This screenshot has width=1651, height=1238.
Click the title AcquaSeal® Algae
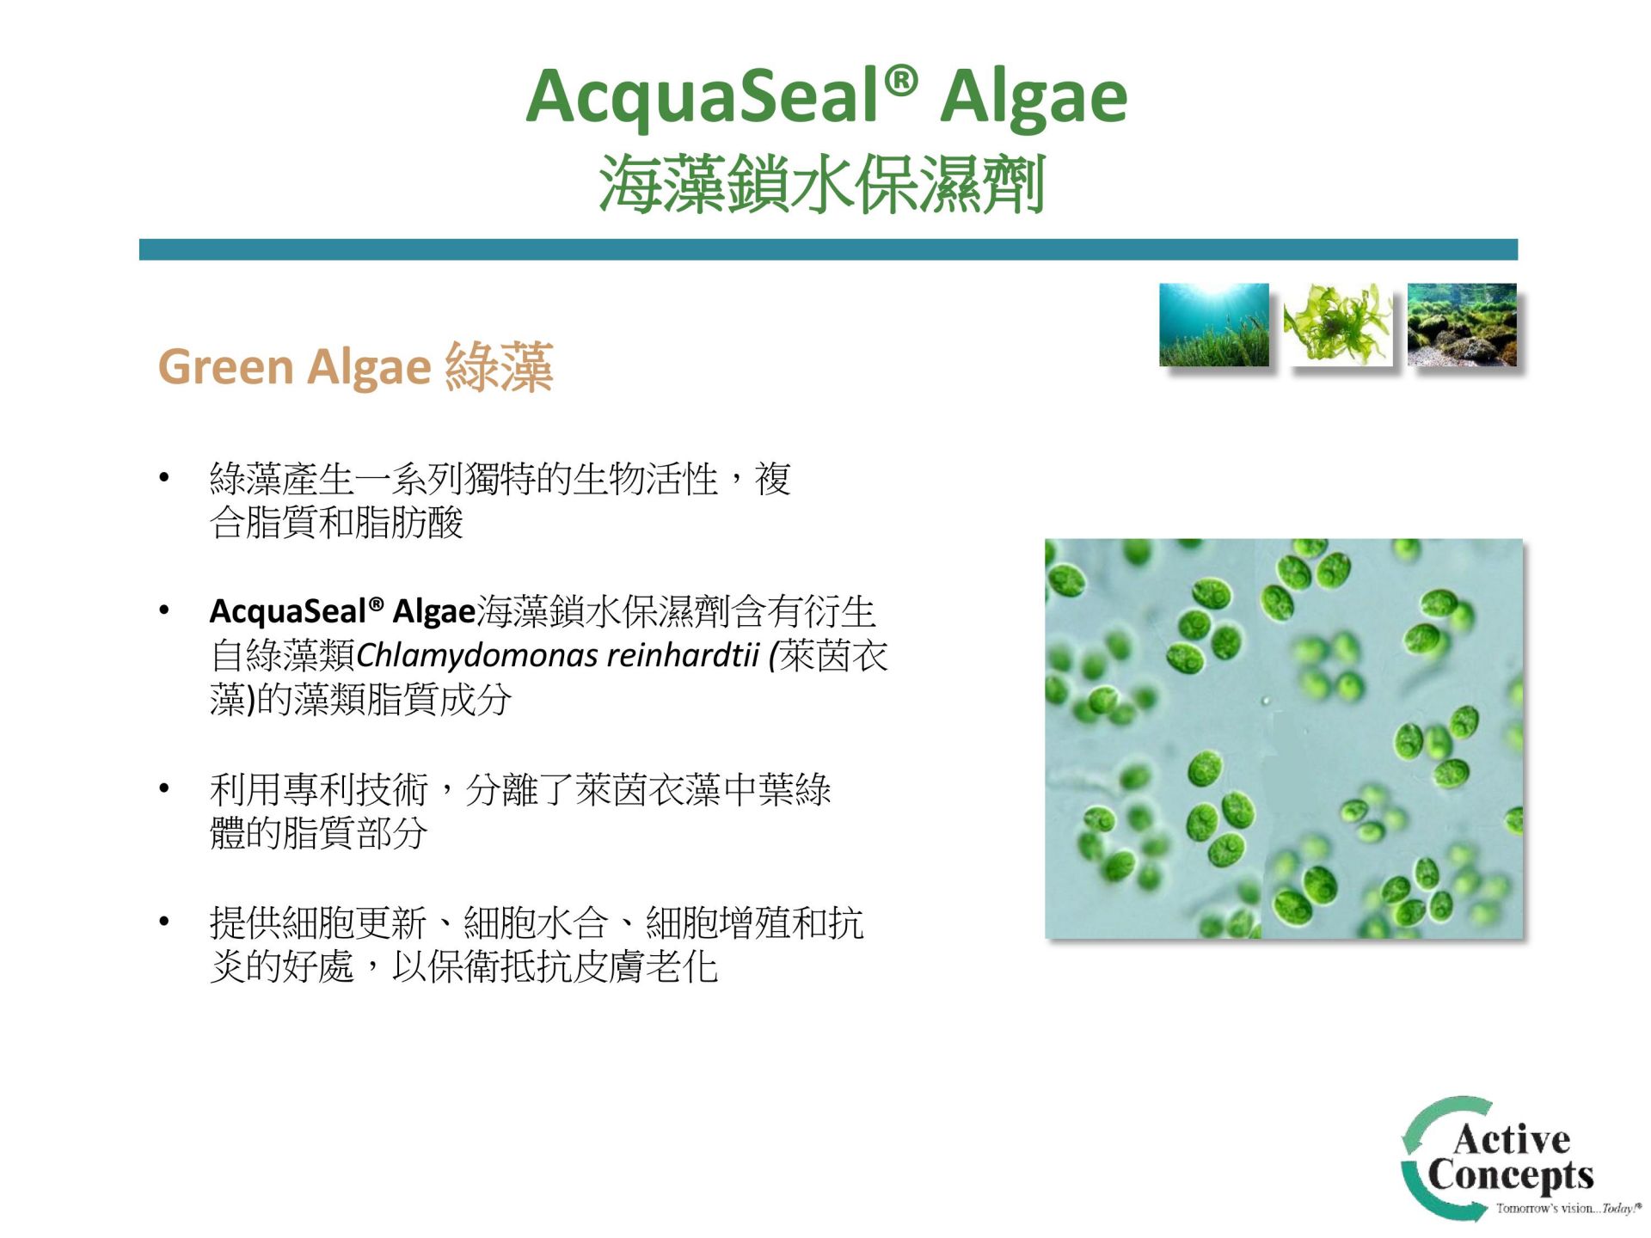click(x=826, y=97)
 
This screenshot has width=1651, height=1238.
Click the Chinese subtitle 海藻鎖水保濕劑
click(x=822, y=183)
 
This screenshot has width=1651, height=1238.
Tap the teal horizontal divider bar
click(x=828, y=249)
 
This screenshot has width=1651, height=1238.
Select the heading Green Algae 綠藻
click(x=355, y=367)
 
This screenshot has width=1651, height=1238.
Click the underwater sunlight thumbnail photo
click(x=1213, y=324)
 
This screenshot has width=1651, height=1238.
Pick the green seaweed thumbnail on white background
click(x=1337, y=324)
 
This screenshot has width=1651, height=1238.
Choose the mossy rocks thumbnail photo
click(x=1462, y=324)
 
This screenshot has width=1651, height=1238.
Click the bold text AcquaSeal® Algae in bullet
click(x=342, y=611)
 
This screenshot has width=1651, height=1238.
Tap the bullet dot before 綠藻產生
click(x=163, y=477)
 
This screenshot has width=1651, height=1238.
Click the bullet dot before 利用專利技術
click(x=163, y=788)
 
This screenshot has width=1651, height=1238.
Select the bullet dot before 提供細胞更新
click(x=163, y=922)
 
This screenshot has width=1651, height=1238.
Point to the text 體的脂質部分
click(x=318, y=833)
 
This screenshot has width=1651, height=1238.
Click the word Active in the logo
click(x=1512, y=1139)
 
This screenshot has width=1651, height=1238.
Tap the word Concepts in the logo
click(x=1511, y=1175)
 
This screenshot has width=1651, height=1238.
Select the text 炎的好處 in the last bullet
click(x=282, y=967)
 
